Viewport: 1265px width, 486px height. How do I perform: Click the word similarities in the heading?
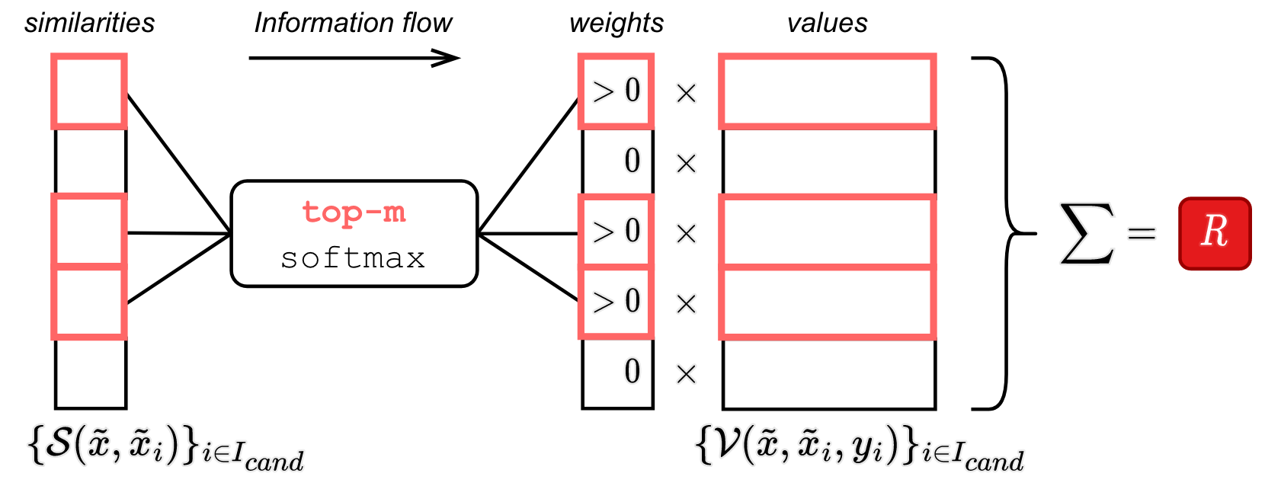coord(89,23)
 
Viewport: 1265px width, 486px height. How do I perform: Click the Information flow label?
coord(353,23)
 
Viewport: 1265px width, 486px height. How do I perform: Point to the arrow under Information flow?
coord(354,58)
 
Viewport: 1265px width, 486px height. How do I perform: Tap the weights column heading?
coord(616,23)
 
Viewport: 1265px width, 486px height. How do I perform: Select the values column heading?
coord(827,23)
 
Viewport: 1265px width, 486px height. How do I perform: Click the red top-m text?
coord(354,212)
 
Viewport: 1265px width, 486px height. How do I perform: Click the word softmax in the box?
coord(353,258)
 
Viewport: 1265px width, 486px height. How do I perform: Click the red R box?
coord(1215,233)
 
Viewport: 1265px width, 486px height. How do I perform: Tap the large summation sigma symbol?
coord(1087,233)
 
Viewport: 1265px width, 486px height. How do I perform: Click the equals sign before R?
coord(1142,233)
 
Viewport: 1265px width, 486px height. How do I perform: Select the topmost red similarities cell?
coord(89,91)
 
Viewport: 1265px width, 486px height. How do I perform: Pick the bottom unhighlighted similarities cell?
coord(90,372)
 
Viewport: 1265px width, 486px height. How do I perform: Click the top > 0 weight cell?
coord(616,91)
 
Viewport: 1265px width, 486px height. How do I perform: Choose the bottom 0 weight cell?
coord(617,372)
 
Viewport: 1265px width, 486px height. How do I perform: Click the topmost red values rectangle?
coord(828,91)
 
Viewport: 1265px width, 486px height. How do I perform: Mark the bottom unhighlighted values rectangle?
coord(828,372)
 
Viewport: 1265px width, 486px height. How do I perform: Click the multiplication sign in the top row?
coord(686,93)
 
